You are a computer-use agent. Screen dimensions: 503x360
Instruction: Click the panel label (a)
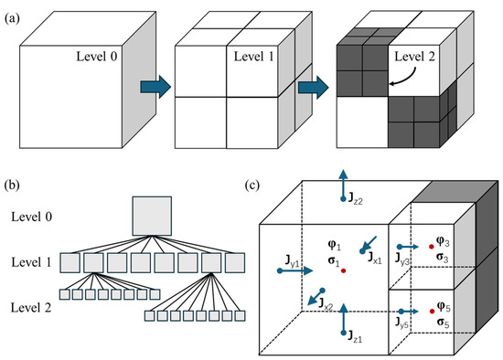coord(12,18)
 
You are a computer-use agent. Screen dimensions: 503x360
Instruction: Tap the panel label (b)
coord(12,185)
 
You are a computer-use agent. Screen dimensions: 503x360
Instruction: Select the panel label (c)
coord(251,185)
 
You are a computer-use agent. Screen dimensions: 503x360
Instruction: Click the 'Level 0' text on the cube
coord(97,57)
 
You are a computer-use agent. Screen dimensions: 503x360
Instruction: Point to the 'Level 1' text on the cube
coord(253,57)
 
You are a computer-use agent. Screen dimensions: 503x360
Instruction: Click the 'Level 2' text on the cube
coord(415,57)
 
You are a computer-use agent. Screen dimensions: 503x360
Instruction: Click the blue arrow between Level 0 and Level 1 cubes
coord(155,87)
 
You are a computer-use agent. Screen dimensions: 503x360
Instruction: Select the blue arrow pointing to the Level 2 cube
coord(314,87)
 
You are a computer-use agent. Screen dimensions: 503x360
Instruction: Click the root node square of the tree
coord(152,216)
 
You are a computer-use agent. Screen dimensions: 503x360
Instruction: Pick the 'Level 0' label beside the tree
coord(31,217)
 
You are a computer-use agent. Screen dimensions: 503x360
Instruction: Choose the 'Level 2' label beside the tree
coord(31,308)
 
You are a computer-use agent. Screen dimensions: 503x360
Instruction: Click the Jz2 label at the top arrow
coord(356,199)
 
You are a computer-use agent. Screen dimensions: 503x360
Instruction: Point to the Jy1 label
coord(293,260)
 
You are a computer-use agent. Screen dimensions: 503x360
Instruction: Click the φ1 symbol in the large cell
coord(334,246)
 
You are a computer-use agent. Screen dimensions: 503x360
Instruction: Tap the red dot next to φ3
coord(432,247)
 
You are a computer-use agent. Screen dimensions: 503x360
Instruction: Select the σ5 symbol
coord(443,323)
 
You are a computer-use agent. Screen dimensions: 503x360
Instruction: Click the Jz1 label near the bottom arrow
coord(355,337)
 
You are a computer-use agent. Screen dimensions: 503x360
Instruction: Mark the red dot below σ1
coord(344,270)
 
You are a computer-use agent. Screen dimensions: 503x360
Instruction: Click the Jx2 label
coord(326,304)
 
